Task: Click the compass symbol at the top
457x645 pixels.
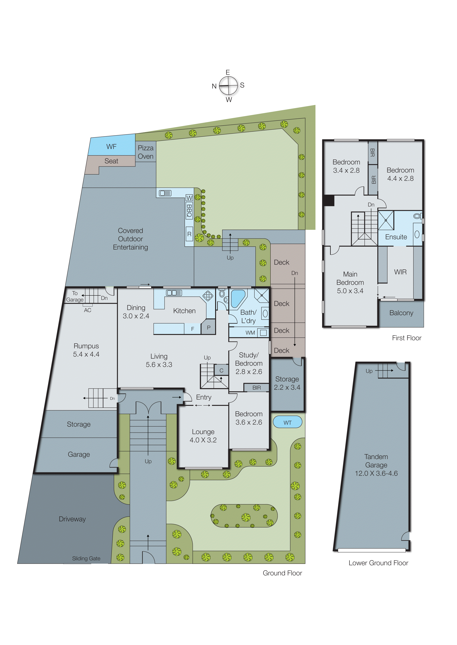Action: (228, 86)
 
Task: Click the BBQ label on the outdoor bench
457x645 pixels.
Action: (189, 211)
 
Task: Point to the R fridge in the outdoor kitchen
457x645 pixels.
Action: (189, 234)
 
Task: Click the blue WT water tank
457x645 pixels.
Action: (287, 423)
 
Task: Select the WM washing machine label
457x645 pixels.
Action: (250, 333)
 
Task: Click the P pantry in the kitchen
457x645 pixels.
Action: (208, 327)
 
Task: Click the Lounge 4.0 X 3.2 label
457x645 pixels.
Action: (203, 436)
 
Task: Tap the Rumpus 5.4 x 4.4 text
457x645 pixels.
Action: (86, 350)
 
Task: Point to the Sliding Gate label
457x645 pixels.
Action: (86, 558)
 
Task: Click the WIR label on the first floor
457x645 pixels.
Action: (400, 272)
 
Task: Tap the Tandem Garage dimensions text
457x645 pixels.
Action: (376, 473)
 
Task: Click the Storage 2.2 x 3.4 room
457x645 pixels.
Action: (287, 383)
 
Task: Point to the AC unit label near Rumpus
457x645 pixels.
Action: (88, 310)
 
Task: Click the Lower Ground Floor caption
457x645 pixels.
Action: (378, 563)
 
